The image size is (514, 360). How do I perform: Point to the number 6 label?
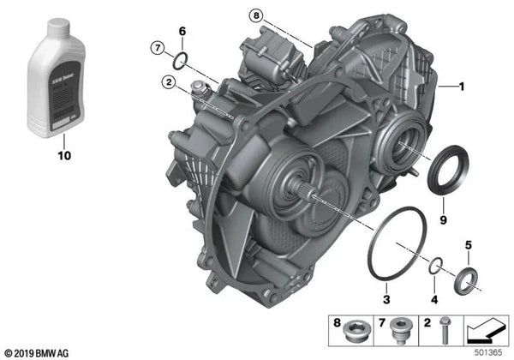[181, 32]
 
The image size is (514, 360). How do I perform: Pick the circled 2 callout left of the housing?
[170, 82]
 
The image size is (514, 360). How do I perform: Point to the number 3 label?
[385, 300]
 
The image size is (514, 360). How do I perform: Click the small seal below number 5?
[468, 278]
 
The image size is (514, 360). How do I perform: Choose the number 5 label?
[468, 245]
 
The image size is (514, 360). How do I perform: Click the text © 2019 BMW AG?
[42, 352]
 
